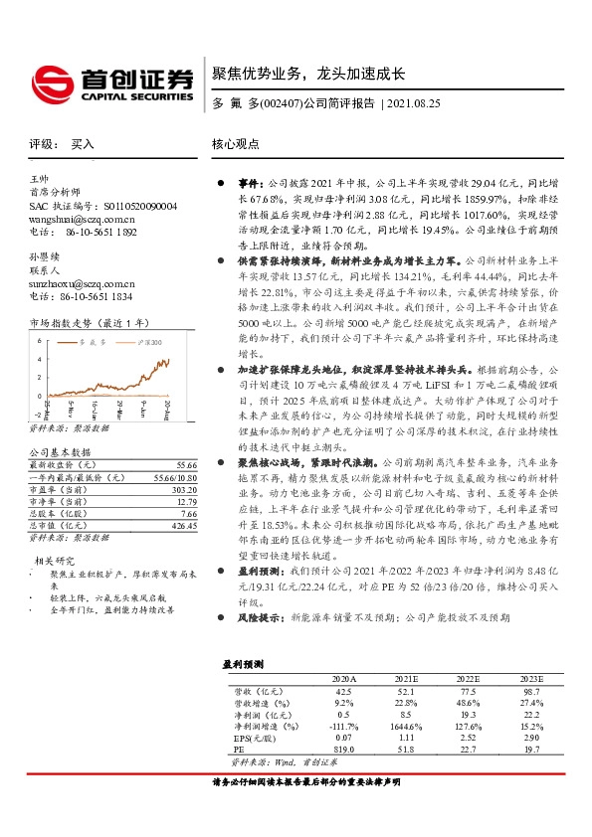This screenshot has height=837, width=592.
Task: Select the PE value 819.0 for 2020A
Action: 343,750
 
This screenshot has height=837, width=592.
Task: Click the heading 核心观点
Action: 235,144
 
